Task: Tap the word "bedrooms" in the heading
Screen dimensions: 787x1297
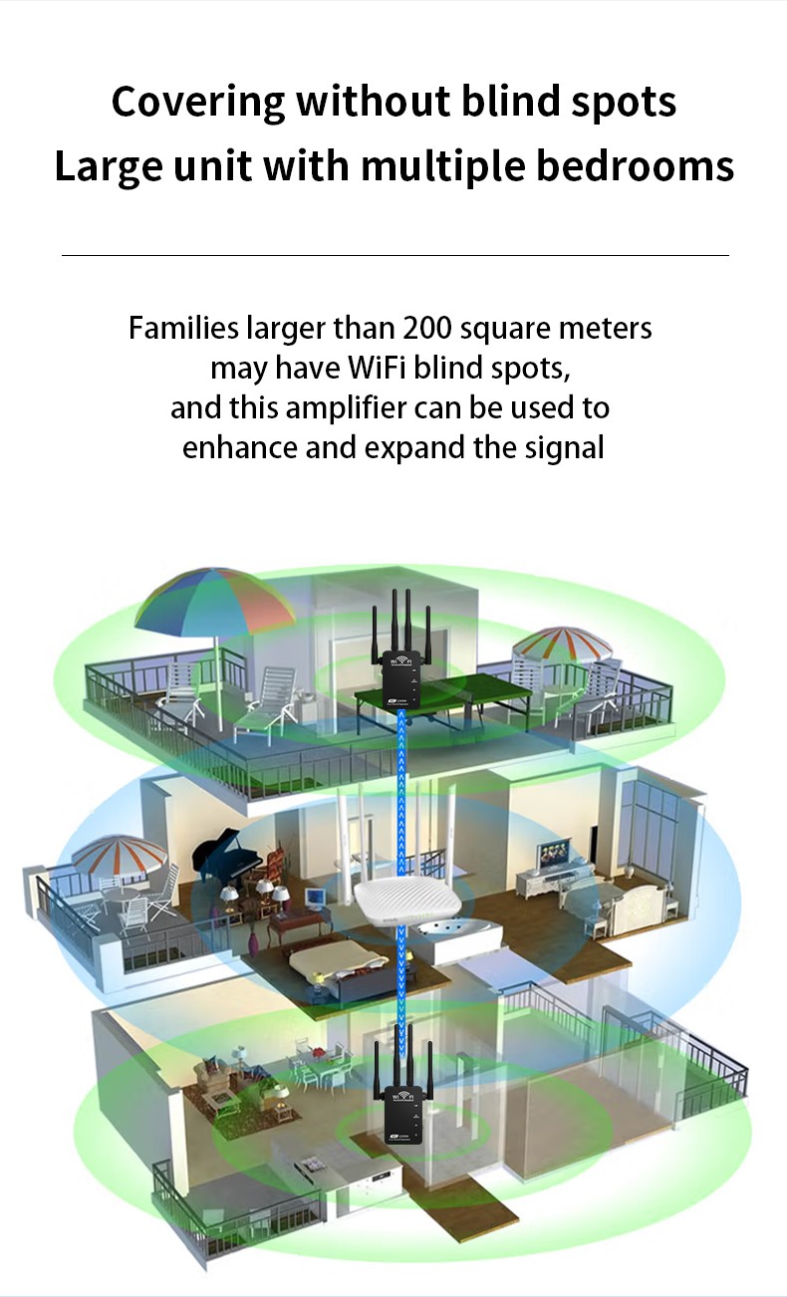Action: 636,166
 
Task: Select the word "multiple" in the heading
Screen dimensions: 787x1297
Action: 442,166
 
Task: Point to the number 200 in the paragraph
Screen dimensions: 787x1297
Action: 428,328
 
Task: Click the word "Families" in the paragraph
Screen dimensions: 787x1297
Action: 183,328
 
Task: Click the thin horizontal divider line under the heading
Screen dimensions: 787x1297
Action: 394,256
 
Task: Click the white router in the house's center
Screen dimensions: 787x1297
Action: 405,903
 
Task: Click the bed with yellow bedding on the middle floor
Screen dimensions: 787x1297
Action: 339,962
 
